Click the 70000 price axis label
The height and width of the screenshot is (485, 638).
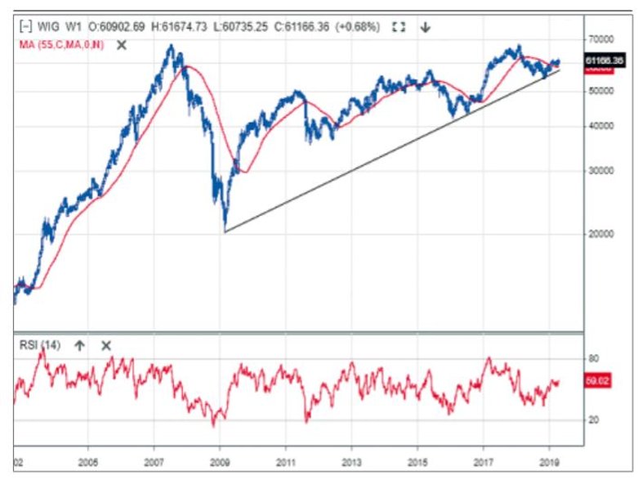coord(602,38)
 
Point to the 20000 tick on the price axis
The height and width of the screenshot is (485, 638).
coord(602,233)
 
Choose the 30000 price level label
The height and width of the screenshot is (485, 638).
coord(602,172)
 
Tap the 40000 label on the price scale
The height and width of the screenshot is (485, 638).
coord(602,127)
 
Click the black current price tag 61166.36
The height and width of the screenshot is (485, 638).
coord(605,61)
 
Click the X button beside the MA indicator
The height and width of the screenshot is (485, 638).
coord(122,44)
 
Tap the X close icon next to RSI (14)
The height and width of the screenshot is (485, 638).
coord(106,345)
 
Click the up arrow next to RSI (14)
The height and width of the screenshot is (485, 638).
coord(79,345)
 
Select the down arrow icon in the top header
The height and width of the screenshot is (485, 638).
coord(426,27)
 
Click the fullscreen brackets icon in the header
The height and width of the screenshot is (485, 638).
coord(399,27)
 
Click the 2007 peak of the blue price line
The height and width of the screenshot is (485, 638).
coord(172,46)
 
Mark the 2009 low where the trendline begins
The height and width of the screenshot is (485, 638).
coord(225,231)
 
